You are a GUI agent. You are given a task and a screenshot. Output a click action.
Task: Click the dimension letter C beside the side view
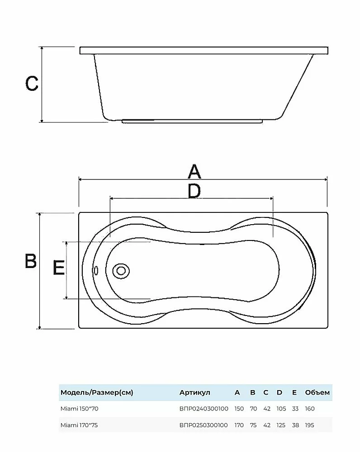pos(32,84)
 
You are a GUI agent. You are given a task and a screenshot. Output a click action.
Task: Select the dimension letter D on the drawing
pos(194,191)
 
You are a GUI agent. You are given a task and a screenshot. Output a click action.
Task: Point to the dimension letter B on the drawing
pos(31,261)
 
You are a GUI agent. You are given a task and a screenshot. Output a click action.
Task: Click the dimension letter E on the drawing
pos(58,267)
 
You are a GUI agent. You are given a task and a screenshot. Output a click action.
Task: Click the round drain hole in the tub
pos(121,271)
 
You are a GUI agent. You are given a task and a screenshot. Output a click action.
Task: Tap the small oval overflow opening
pos(96,270)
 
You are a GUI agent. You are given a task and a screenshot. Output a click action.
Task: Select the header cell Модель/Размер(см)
pos(97,392)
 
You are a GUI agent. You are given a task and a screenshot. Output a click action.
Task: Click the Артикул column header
pos(195,392)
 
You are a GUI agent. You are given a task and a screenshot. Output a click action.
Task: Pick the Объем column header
pos(317,392)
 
